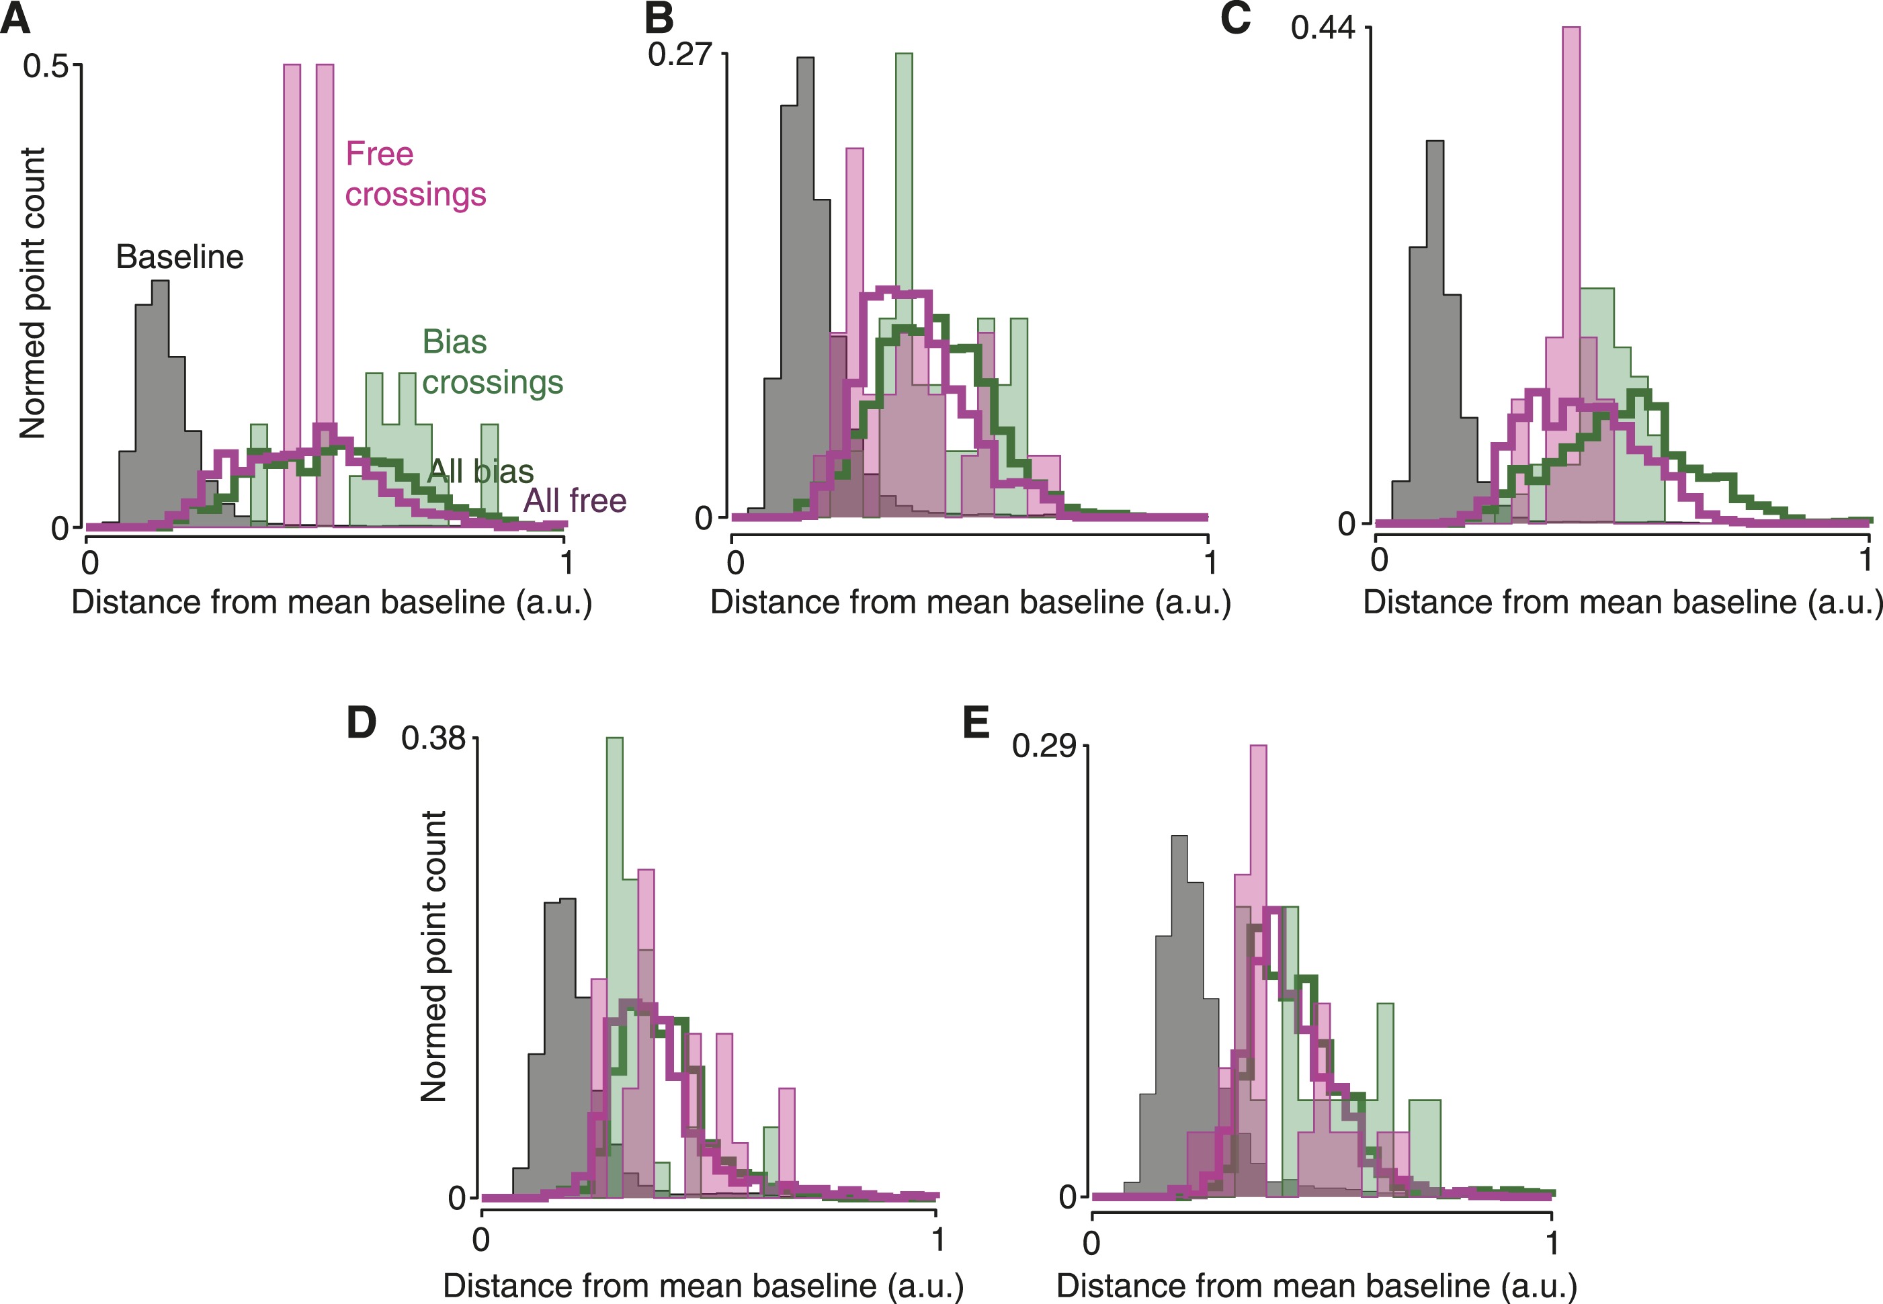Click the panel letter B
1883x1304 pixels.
[x=659, y=18]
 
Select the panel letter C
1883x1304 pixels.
[x=1235, y=18]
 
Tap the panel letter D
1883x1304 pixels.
[x=362, y=722]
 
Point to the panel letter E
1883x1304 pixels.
[x=976, y=722]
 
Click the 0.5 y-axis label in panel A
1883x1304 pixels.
[x=45, y=67]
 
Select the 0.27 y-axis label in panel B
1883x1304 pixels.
[x=680, y=54]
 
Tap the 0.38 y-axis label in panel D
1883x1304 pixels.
[x=433, y=738]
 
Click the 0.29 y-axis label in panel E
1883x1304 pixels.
[x=1044, y=746]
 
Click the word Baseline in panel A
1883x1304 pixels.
[x=180, y=257]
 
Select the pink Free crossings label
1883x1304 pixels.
[x=415, y=174]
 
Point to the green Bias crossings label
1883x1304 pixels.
[x=492, y=362]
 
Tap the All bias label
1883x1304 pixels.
[x=480, y=472]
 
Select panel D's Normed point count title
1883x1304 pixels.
[x=433, y=956]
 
